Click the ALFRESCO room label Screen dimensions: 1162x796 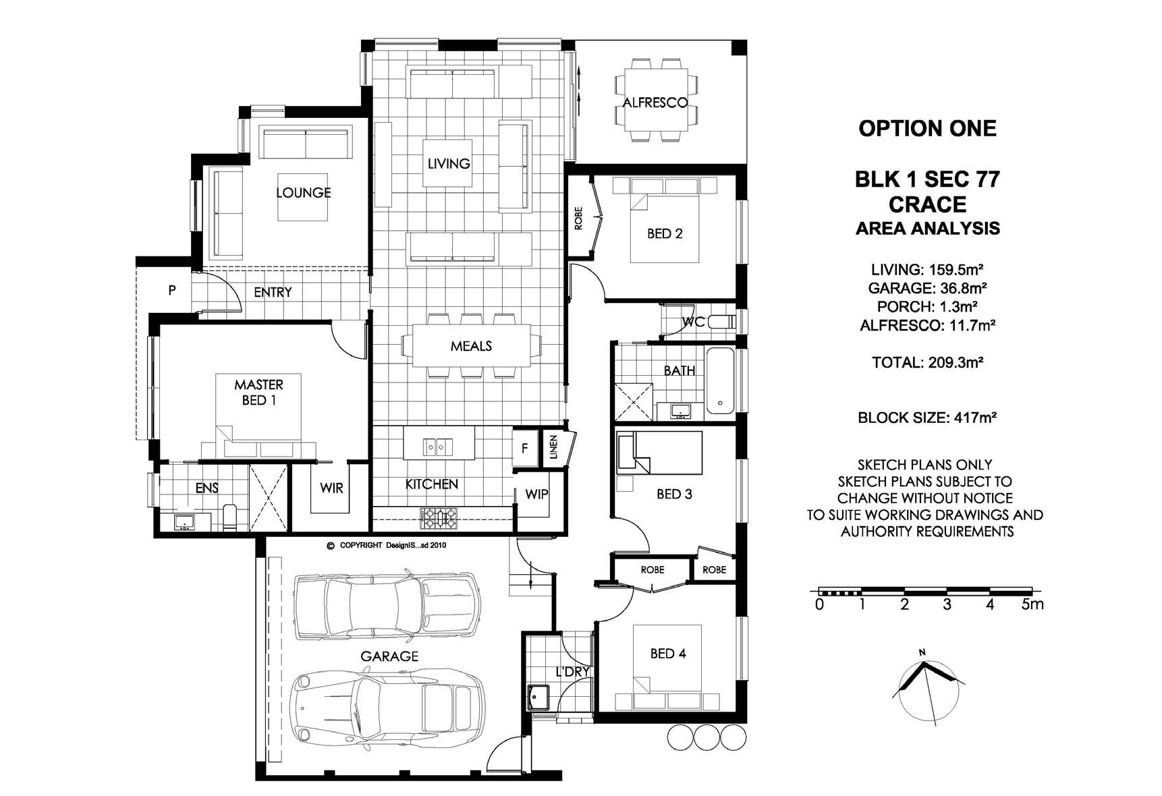pos(655,103)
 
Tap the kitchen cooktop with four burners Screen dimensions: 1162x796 pos(439,518)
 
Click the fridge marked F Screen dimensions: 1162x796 pos(525,449)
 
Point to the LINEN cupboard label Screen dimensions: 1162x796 pos(553,447)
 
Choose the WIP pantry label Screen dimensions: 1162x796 pos(536,494)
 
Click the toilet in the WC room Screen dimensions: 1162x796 pos(720,322)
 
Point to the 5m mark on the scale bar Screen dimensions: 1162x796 pos(1032,604)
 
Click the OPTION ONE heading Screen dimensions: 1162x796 pos(927,129)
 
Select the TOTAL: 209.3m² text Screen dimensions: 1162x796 pos(927,362)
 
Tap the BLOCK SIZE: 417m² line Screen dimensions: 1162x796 pos(927,418)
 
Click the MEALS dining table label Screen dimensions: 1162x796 pos(471,346)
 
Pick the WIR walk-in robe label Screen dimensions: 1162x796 pos(331,488)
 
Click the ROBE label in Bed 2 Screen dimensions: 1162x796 pos(578,219)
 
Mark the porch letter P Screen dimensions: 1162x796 pos(172,291)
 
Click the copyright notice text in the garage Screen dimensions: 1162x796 pos(386,545)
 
